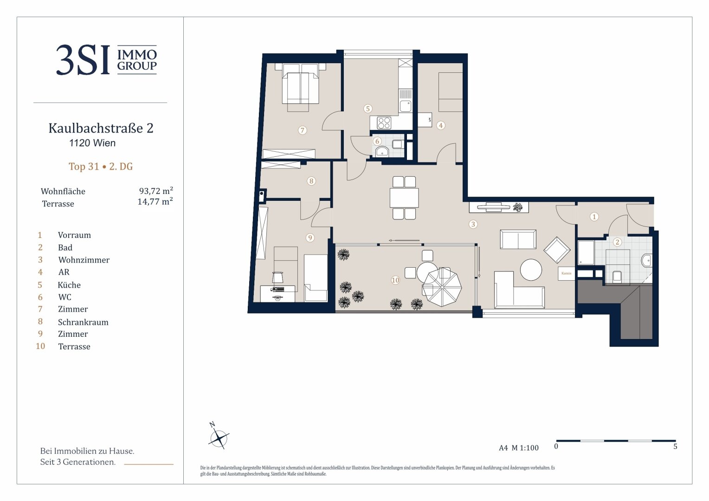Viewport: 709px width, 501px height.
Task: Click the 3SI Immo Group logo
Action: click(x=106, y=60)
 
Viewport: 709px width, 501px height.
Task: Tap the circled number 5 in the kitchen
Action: click(x=367, y=109)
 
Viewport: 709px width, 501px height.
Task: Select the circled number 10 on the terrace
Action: click(x=395, y=280)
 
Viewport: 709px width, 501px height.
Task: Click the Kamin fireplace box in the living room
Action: click(x=566, y=273)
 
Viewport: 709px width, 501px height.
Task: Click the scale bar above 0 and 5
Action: click(x=616, y=441)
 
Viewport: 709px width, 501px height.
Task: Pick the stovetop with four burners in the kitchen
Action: click(x=384, y=123)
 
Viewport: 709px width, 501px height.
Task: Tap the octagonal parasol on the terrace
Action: click(x=442, y=287)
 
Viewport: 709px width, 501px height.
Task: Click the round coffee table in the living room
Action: click(x=531, y=270)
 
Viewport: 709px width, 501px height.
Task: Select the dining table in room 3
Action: click(x=404, y=198)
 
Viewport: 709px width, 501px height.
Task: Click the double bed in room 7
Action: click(x=300, y=87)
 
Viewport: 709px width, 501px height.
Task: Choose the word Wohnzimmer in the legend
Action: click(x=84, y=260)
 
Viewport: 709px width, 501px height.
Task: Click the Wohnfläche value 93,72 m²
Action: click(x=156, y=191)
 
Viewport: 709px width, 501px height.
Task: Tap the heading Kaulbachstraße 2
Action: click(x=101, y=128)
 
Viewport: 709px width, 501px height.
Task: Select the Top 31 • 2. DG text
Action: click(x=101, y=167)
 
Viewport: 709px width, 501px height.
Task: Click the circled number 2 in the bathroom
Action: click(x=617, y=243)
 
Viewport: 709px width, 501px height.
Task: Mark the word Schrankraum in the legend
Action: click(x=83, y=322)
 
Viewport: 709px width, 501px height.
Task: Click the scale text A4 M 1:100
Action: click(x=519, y=448)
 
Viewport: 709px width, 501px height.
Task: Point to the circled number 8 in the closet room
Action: click(x=311, y=181)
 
